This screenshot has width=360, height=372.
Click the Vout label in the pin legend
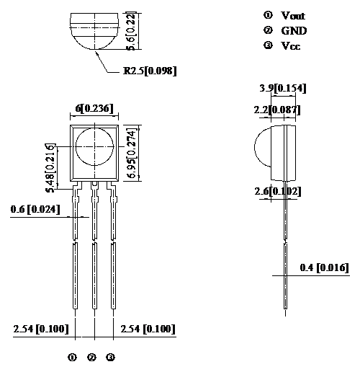(x=293, y=15)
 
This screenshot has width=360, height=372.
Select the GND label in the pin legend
(x=294, y=30)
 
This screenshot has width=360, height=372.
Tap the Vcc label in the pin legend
(x=291, y=45)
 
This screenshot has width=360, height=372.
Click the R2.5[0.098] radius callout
(x=150, y=70)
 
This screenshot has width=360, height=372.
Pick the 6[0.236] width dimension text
(x=94, y=108)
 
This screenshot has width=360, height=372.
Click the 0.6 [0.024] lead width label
(x=35, y=209)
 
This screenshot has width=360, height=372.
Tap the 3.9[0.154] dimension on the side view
(x=283, y=88)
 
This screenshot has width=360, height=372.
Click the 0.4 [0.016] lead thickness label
(x=324, y=268)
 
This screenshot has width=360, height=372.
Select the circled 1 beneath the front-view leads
(x=72, y=357)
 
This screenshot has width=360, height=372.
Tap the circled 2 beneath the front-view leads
(x=91, y=357)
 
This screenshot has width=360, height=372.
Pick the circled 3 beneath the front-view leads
(x=110, y=357)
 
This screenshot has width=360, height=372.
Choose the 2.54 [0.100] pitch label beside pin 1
(x=41, y=329)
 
